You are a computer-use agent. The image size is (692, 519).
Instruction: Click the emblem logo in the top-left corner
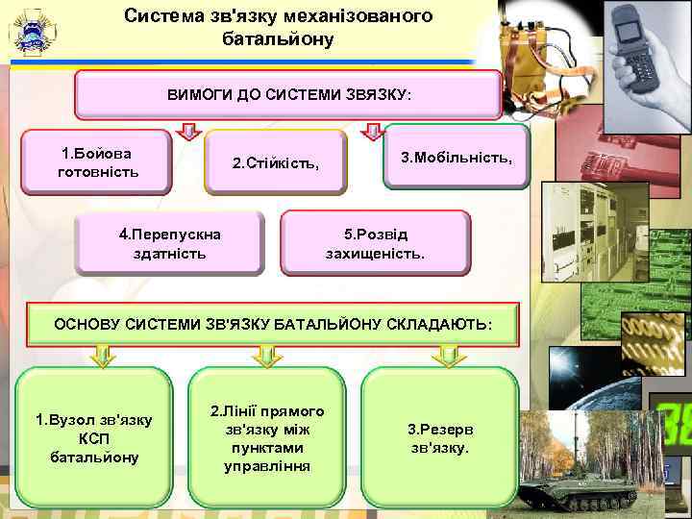[x=30, y=33]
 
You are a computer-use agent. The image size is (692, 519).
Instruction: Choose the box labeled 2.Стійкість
[x=275, y=162]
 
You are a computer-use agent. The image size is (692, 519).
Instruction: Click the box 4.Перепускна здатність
[x=170, y=244]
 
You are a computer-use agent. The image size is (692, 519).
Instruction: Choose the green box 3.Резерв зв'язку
[x=439, y=437]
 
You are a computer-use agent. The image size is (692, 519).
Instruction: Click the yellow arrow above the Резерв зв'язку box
[x=444, y=357]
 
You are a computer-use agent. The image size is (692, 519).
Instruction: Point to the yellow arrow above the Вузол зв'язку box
[x=101, y=357]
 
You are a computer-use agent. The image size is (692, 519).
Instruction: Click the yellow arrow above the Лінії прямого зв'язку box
[x=267, y=357]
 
